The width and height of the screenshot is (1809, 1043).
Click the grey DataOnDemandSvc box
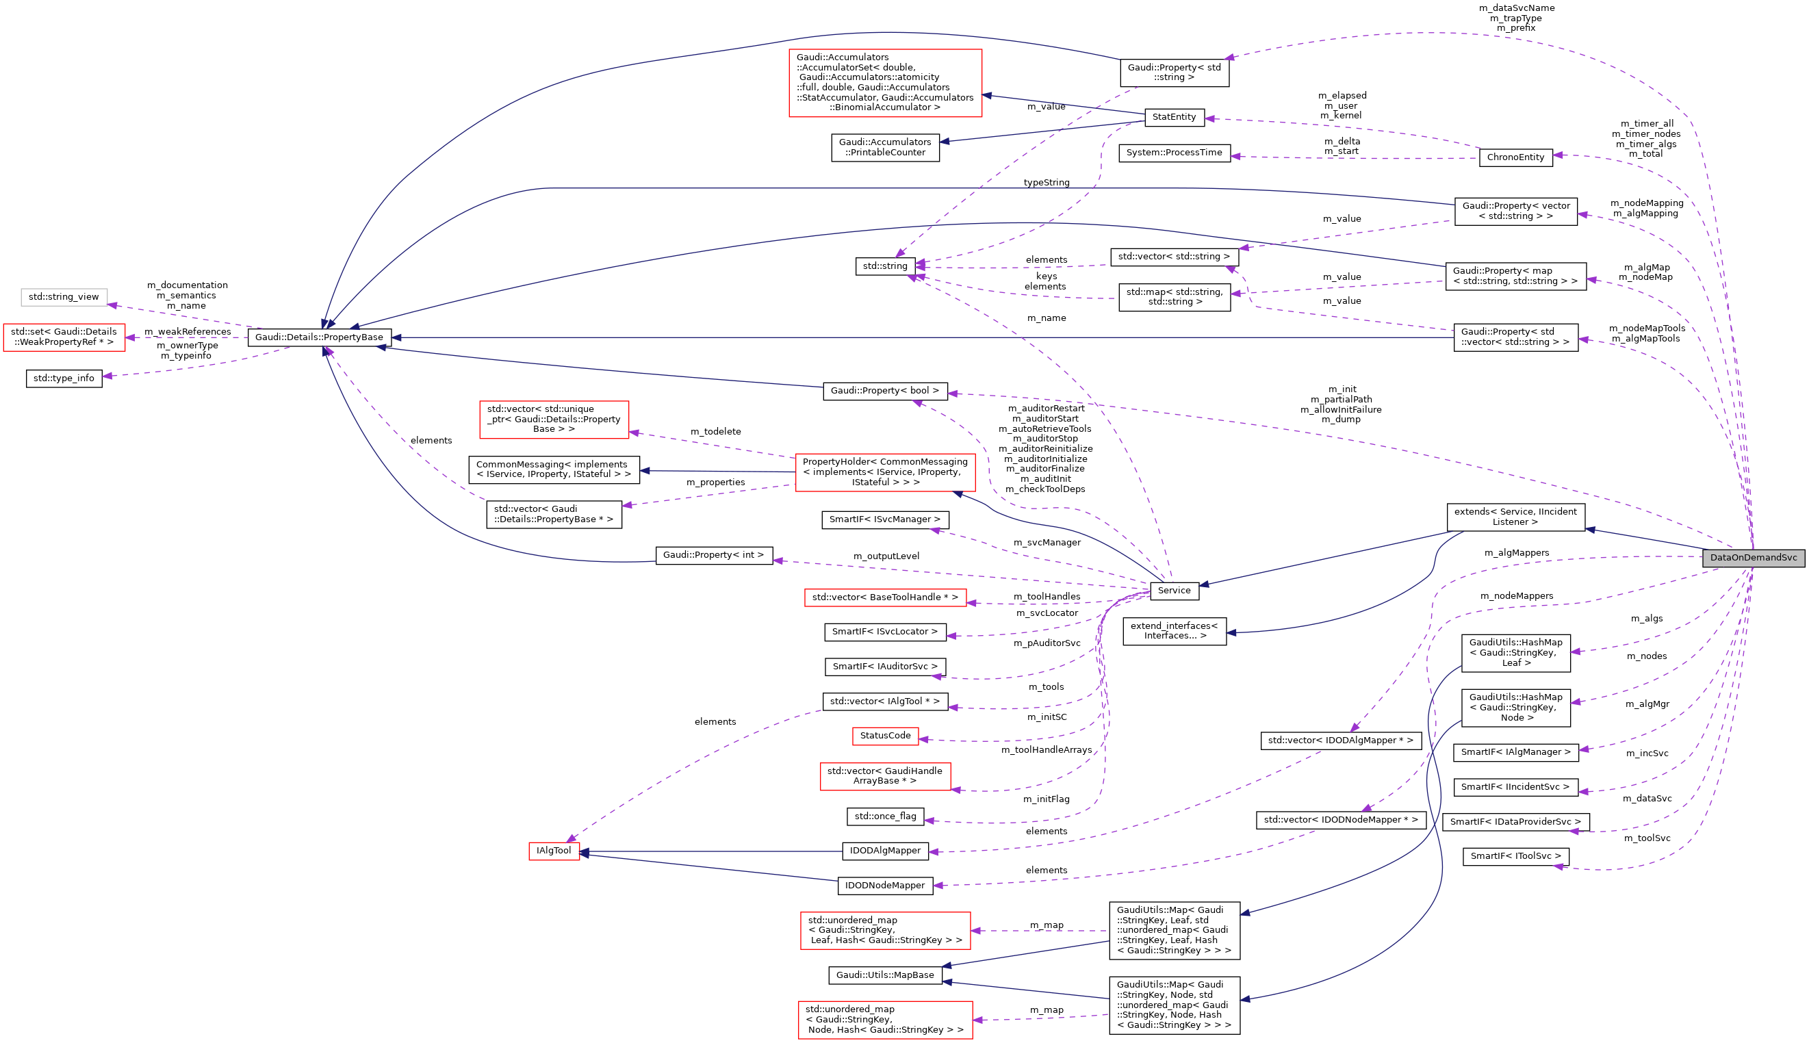pyautogui.click(x=1752, y=557)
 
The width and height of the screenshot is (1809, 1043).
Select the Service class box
pyautogui.click(x=1174, y=590)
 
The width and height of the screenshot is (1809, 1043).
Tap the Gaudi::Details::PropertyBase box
pyautogui.click(x=320, y=337)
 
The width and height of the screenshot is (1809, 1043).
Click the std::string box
pyautogui.click(x=885, y=266)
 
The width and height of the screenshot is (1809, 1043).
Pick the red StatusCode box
pyautogui.click(x=885, y=736)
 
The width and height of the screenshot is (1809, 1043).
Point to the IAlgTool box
pyautogui.click(x=554, y=850)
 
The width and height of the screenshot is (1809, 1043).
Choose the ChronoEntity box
pyautogui.click(x=1515, y=157)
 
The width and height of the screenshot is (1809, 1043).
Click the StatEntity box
pyautogui.click(x=1174, y=117)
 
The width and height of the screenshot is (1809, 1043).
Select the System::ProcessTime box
pyautogui.click(x=1174, y=153)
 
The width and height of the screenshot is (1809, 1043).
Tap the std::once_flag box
pyautogui.click(x=885, y=816)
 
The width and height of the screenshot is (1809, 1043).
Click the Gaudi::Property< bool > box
pyautogui.click(x=885, y=390)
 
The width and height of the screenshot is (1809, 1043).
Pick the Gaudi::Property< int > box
pyautogui.click(x=714, y=554)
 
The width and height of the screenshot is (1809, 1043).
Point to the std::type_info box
pyautogui.click(x=64, y=378)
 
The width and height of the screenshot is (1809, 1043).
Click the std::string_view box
pyautogui.click(x=64, y=296)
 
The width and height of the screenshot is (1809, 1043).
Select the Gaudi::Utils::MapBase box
pyautogui.click(x=885, y=975)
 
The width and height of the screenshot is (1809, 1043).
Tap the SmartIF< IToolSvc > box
pyautogui.click(x=1515, y=856)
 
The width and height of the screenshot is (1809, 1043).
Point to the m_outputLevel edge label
pyautogui.click(x=886, y=556)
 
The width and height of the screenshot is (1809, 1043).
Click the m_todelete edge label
pyautogui.click(x=715, y=431)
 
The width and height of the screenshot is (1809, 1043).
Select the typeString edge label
pyautogui.click(x=1046, y=183)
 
